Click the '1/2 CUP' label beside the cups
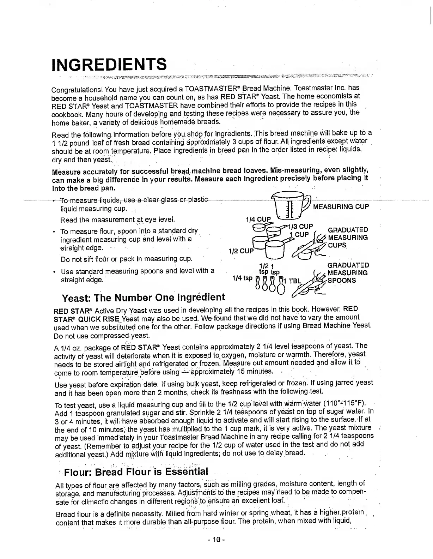241,251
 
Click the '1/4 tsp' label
243,278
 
